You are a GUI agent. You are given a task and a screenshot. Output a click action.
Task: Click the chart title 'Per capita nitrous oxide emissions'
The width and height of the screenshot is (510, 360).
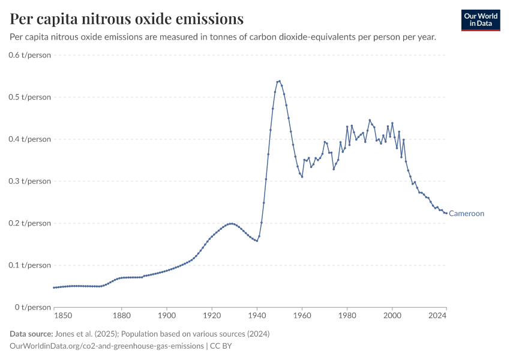[127, 19]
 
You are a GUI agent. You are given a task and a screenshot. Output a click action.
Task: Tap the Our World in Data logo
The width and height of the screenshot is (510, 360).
[480, 20]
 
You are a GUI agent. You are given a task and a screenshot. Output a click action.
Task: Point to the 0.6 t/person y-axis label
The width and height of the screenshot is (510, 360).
[30, 55]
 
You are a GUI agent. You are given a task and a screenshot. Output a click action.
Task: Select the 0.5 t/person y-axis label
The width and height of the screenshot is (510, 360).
[30, 97]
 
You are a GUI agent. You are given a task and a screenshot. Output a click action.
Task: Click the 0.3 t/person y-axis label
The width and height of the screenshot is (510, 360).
[30, 181]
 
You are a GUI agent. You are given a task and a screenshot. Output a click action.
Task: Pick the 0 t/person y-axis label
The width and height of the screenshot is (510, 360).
[34, 307]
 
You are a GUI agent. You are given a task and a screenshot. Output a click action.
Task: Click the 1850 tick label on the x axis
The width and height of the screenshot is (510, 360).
[62, 315]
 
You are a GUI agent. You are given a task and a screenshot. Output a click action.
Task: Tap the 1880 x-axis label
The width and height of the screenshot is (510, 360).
[121, 315]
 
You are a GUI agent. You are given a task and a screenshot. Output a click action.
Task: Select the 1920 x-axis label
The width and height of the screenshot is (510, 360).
[211, 315]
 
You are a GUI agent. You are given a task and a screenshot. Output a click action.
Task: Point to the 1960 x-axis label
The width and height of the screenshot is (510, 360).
[302, 315]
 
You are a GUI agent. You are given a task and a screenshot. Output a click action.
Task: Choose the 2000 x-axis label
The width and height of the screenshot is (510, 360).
[392, 315]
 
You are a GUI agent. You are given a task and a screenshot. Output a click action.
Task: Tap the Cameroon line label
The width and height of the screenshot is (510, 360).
[466, 214]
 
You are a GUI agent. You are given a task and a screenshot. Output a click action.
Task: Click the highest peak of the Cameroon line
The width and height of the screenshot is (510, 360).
[280, 81]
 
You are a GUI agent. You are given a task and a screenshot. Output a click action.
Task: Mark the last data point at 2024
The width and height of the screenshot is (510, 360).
[446, 213]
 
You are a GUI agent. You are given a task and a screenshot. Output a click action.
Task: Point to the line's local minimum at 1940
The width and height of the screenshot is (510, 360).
[257, 241]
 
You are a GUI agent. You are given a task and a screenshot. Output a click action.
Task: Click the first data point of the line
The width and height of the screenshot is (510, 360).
[53, 287]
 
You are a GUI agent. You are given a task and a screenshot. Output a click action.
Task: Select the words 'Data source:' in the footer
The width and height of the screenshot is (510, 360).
[31, 334]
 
